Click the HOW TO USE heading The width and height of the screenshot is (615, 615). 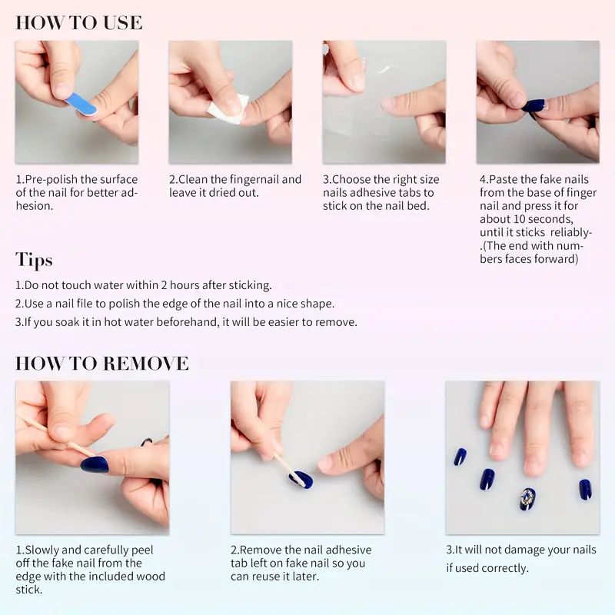[x=78, y=22]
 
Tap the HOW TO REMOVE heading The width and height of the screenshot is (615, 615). [x=101, y=363]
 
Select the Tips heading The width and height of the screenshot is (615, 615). [x=34, y=259]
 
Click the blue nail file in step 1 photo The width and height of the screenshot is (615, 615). [x=81, y=104]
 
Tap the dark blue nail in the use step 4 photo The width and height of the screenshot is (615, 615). [x=534, y=105]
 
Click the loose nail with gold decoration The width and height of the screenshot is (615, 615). [x=527, y=498]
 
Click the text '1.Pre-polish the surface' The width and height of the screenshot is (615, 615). [x=77, y=179]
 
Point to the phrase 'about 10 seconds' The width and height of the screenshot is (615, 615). [x=530, y=219]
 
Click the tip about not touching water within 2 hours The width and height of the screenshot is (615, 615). [x=144, y=285]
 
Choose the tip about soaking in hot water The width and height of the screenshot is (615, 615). [x=186, y=322]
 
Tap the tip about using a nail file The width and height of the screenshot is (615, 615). [x=175, y=304]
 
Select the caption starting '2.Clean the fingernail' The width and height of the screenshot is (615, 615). [x=235, y=179]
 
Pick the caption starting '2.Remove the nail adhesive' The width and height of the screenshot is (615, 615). [x=301, y=550]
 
